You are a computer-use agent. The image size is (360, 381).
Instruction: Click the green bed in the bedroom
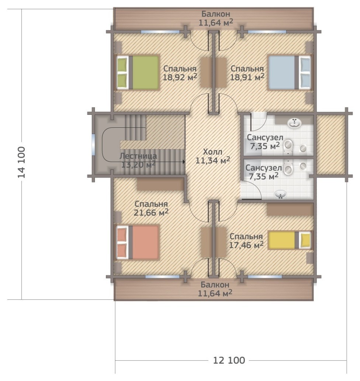138,72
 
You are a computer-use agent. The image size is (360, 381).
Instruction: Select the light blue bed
289,72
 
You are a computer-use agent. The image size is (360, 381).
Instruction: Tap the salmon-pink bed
138,243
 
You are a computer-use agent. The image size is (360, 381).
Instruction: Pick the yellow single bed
289,240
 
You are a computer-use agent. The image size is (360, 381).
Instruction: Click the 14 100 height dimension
21,162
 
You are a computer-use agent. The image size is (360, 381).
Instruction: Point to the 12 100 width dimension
229,360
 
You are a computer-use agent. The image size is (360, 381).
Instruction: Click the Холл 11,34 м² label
213,156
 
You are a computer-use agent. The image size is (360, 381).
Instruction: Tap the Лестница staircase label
138,156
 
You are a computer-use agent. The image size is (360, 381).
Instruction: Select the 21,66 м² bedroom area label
151,213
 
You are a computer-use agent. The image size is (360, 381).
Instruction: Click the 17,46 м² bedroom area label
246,245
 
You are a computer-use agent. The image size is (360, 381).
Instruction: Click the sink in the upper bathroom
295,123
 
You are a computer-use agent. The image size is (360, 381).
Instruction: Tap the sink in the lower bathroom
281,195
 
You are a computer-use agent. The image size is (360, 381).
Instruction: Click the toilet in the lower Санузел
288,167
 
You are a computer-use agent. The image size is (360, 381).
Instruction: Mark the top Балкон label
216,14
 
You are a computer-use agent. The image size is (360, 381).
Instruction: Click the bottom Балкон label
215,284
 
